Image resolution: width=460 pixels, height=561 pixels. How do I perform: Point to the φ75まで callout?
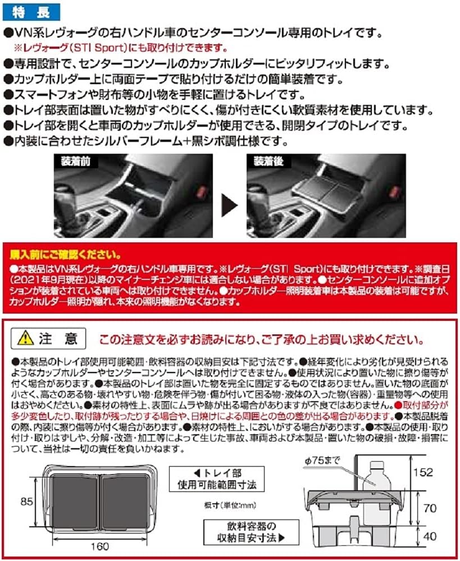pyautogui.click(x=333, y=462)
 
